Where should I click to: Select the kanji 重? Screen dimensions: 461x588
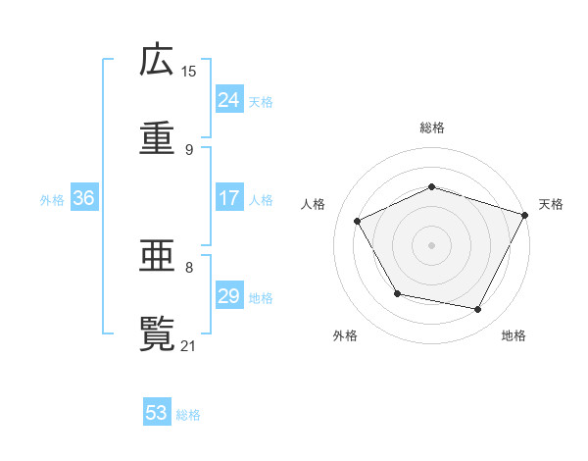[157, 138]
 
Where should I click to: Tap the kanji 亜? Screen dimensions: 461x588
[157, 256]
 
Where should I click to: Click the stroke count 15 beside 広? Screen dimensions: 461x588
[189, 71]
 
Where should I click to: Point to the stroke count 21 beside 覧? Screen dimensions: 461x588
[189, 344]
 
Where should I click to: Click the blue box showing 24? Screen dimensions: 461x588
[228, 100]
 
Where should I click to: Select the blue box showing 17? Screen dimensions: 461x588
[228, 198]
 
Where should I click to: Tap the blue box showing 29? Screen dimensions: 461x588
[228, 296]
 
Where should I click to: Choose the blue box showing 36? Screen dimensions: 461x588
[83, 198]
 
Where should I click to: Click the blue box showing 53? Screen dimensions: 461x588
[156, 413]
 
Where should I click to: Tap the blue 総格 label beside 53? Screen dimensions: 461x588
[188, 415]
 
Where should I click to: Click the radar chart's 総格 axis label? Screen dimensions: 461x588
[431, 128]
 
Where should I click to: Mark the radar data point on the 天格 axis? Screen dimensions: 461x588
[525, 214]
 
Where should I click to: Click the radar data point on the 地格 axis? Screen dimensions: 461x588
[478, 310]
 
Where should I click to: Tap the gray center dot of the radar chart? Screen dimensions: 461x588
[431, 244]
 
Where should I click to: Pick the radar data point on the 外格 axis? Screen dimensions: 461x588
[397, 293]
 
